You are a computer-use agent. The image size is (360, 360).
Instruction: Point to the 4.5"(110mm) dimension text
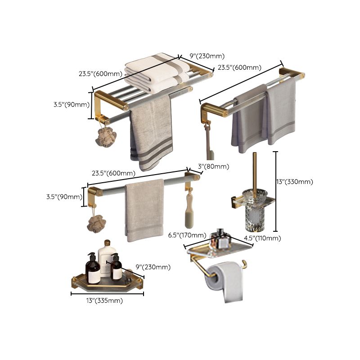click(262, 238)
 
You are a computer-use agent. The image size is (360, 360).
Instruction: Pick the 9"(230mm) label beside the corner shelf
click(153, 267)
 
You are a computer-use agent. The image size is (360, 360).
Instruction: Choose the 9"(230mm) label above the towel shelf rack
click(207, 56)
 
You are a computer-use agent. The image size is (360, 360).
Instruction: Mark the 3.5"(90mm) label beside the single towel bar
click(63, 197)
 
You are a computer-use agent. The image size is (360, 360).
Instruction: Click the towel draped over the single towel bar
click(144, 209)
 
